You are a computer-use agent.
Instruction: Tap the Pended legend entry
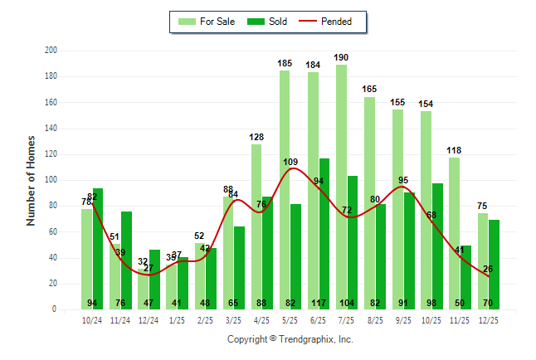point(331,22)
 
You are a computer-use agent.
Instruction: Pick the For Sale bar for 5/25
point(285,190)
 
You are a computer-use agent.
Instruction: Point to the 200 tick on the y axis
point(51,51)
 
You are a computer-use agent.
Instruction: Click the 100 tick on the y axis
point(51,180)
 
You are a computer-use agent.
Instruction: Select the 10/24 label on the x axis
point(92,320)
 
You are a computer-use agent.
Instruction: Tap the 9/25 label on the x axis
point(403,320)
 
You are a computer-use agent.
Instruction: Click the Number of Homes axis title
point(31,180)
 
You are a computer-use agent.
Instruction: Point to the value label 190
point(341,57)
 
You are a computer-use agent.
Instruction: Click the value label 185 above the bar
point(285,63)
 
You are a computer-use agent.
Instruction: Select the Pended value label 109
point(291,162)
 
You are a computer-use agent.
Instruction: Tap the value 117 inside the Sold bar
point(324,303)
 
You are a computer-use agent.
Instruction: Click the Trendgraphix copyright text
point(290,339)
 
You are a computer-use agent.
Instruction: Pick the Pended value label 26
point(489,269)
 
